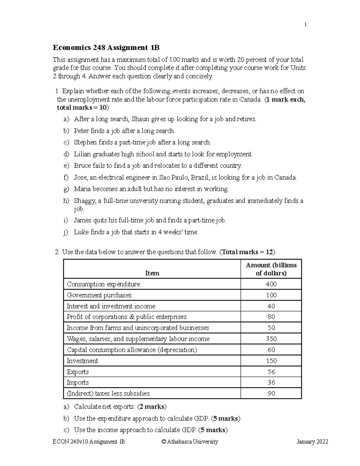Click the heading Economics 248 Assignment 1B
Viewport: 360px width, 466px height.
(x=106, y=48)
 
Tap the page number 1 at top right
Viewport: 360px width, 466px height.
(x=305, y=25)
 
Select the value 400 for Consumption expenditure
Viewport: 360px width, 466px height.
(x=271, y=284)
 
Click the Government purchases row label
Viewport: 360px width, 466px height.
(x=99, y=295)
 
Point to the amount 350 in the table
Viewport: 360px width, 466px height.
(x=271, y=339)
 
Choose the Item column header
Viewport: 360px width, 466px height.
(x=152, y=273)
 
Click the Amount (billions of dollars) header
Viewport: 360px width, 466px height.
(x=271, y=269)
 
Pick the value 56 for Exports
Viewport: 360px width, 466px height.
(x=271, y=372)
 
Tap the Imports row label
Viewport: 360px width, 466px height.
(x=78, y=383)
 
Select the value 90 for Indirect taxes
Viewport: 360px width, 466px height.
(x=271, y=393)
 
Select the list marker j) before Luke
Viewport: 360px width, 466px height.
(x=66, y=232)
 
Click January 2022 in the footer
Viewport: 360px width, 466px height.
(x=312, y=442)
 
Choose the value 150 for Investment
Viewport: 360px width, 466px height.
(x=271, y=361)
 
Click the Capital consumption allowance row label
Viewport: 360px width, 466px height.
(x=132, y=350)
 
